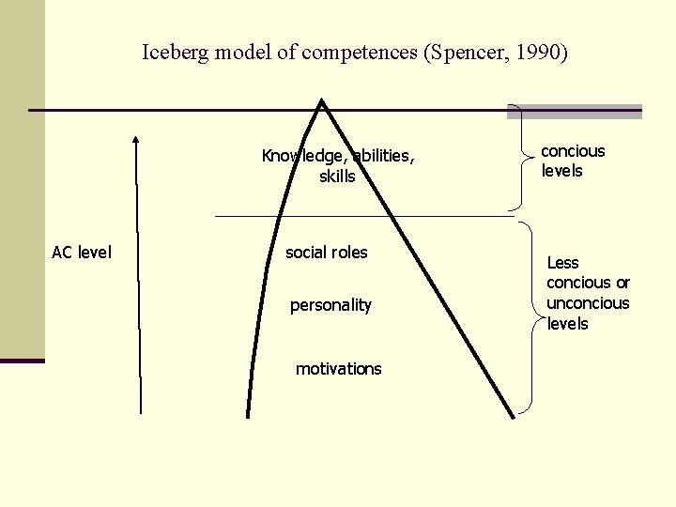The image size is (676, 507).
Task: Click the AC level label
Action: [81, 252]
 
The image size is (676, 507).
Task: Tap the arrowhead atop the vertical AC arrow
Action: [137, 140]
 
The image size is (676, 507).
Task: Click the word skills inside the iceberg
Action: [337, 177]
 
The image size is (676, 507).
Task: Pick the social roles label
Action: [327, 252]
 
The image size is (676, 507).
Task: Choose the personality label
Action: [330, 305]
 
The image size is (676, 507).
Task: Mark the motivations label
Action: [338, 369]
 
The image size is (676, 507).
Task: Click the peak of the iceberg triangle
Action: [323, 102]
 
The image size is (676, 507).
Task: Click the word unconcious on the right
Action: [588, 303]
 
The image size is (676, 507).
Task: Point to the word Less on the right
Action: [562, 263]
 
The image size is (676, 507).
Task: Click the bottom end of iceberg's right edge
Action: [513, 414]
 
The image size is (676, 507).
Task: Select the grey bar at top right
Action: [576, 111]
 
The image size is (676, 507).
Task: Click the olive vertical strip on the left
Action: [22, 178]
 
